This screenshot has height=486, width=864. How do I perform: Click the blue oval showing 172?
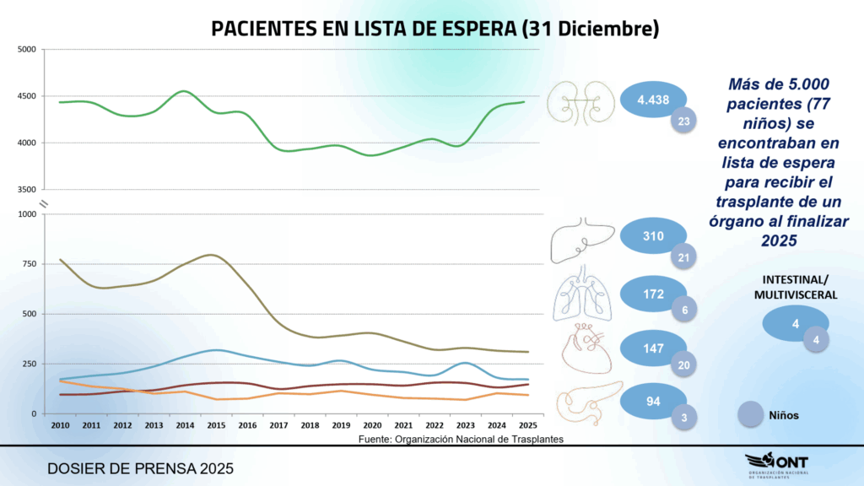click(651, 294)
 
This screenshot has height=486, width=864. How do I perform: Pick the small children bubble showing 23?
click(683, 121)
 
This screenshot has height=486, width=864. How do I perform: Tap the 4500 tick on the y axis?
click(27, 96)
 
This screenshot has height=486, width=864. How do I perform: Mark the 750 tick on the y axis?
click(30, 264)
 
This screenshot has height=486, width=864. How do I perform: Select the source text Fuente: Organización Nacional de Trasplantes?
click(461, 439)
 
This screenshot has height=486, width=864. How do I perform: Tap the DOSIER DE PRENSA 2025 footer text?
click(140, 467)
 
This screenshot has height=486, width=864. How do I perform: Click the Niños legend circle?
click(751, 415)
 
